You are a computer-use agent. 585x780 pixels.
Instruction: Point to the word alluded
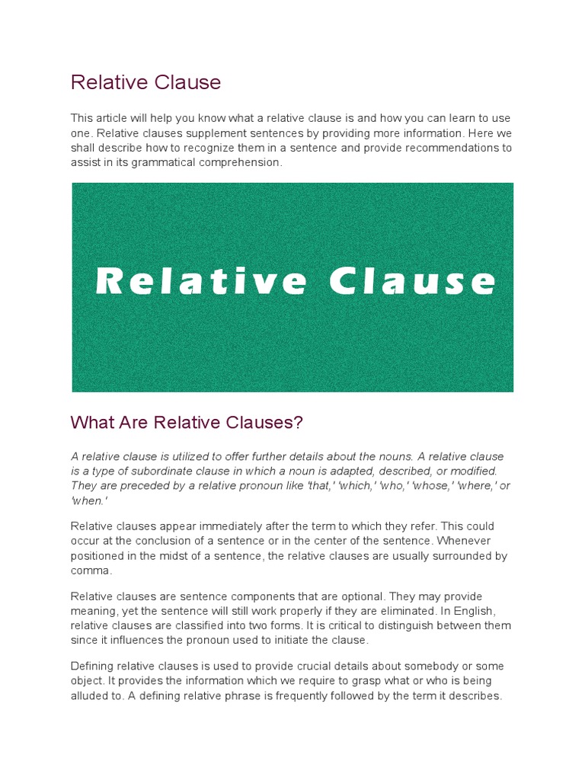point(92,695)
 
